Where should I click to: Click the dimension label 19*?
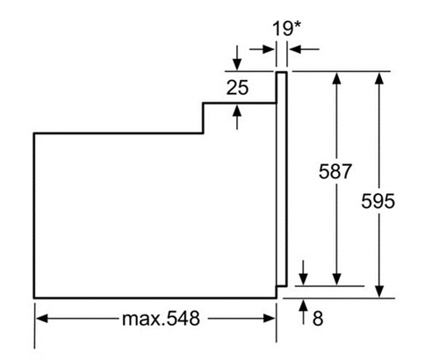click(x=286, y=28)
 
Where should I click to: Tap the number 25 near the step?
click(x=237, y=88)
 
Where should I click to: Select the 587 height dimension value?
click(x=335, y=171)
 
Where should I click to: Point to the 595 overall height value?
click(x=378, y=201)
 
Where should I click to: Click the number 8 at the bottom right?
click(x=318, y=319)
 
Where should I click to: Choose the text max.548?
click(x=161, y=319)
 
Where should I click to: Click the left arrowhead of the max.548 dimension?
click(x=41, y=319)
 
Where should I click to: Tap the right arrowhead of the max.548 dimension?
click(x=270, y=319)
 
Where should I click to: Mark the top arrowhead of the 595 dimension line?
click(x=379, y=78)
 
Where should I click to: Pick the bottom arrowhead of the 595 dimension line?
click(x=379, y=292)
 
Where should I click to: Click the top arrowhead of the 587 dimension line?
click(x=337, y=78)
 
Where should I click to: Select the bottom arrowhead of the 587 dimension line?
click(x=337, y=279)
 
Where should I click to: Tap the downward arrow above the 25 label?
click(x=237, y=58)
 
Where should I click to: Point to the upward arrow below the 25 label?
click(x=237, y=117)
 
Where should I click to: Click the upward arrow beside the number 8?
click(x=304, y=312)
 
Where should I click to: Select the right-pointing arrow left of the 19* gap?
click(x=262, y=49)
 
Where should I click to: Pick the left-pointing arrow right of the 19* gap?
click(x=304, y=49)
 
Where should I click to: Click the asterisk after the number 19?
click(x=297, y=25)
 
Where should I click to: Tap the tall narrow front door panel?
click(x=282, y=179)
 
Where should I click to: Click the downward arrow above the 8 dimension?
click(x=304, y=272)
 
